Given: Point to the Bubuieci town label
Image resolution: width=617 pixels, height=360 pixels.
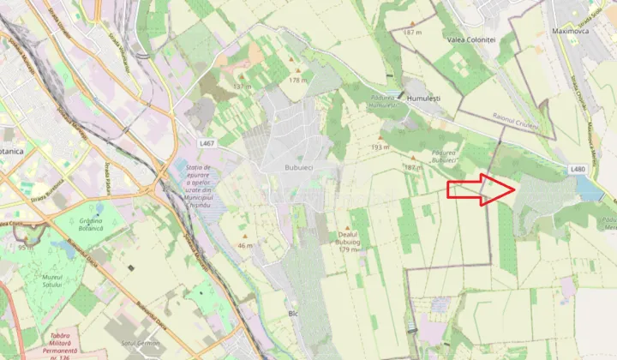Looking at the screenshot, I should point(299,167).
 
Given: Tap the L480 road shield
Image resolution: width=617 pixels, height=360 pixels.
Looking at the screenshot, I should point(578,171).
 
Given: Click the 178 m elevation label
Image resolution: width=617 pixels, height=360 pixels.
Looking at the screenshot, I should point(298,80).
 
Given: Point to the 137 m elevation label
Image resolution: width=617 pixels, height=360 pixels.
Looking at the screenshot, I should point(243,87).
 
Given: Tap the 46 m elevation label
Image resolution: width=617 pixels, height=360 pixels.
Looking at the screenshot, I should point(246,245).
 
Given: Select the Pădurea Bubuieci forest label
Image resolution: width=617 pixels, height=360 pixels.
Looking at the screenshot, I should point(443,157).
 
